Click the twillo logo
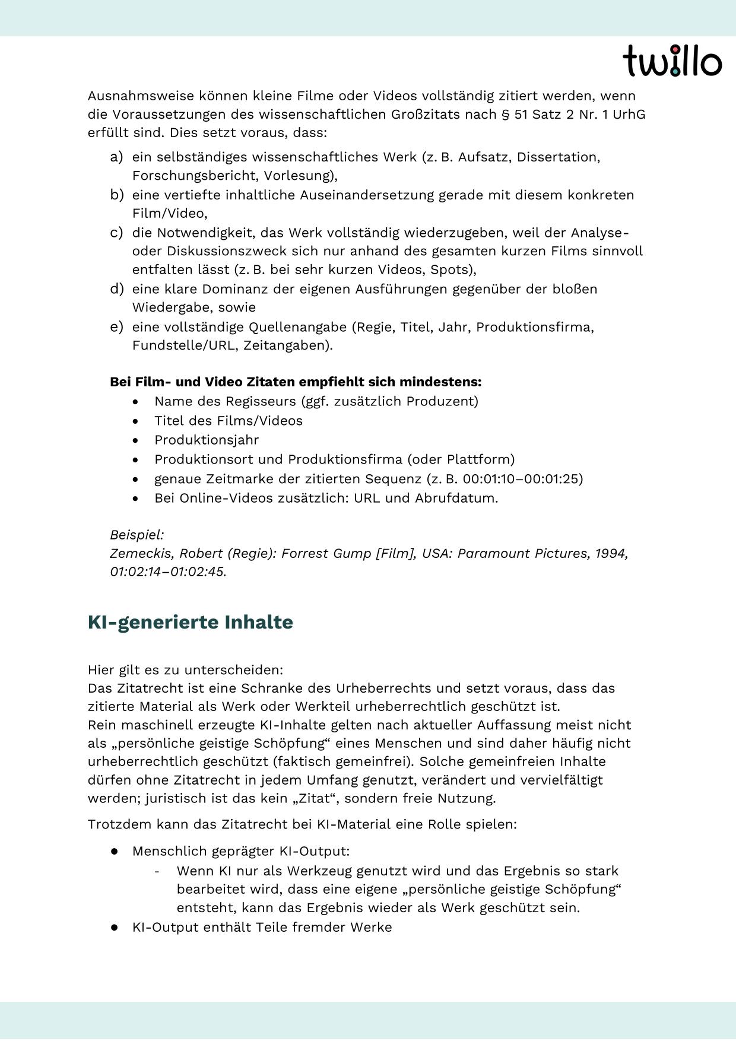tap(672, 61)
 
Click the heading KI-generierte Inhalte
tap(190, 622)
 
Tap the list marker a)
tap(116, 157)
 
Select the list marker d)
tap(116, 289)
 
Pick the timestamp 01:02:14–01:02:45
tap(168, 572)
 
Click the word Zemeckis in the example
tap(142, 553)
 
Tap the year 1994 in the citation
tap(611, 553)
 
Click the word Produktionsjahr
tap(207, 440)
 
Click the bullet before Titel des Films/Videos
tap(137, 421)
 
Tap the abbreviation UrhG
tap(629, 114)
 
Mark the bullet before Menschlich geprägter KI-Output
tap(114, 851)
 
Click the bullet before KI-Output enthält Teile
tap(114, 928)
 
